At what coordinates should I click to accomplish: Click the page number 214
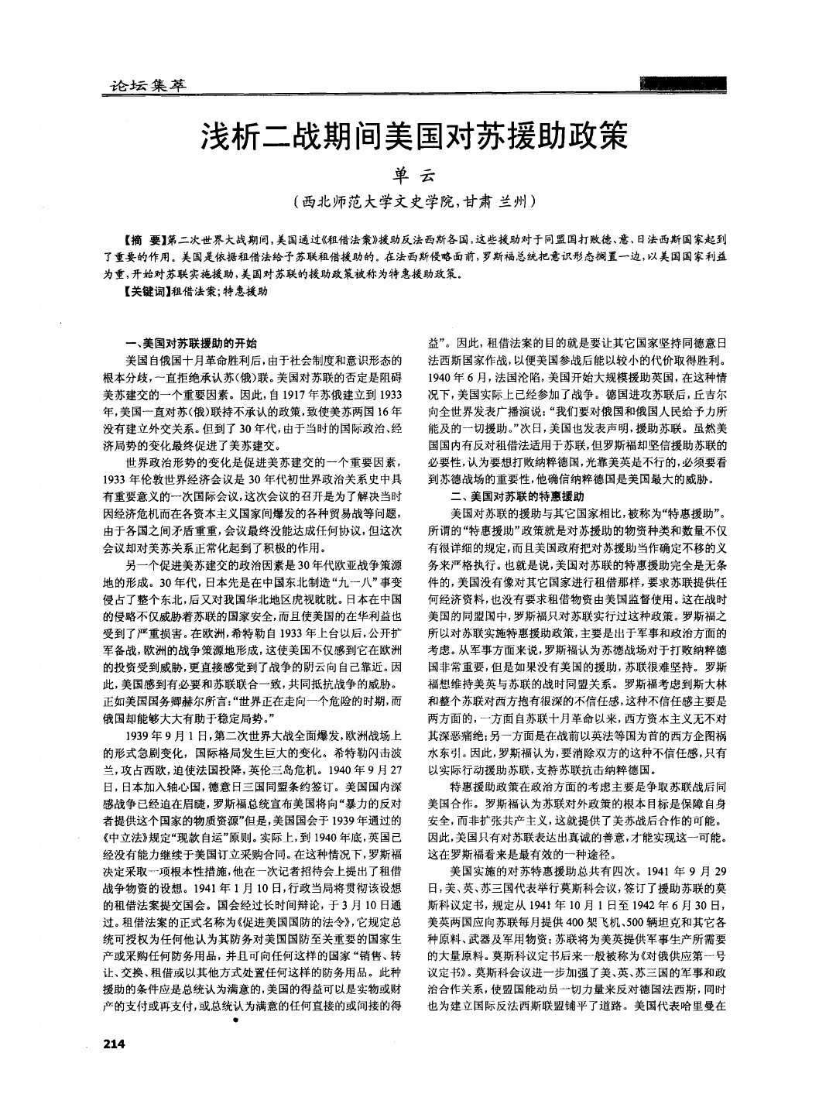(113, 1044)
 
